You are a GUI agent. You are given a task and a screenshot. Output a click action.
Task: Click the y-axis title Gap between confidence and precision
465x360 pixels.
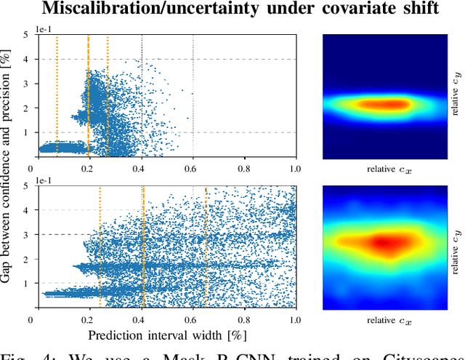point(9,172)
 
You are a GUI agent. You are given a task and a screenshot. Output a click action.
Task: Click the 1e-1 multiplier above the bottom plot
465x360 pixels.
point(39,180)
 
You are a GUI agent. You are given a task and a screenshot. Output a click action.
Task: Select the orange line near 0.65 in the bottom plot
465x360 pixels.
point(206,247)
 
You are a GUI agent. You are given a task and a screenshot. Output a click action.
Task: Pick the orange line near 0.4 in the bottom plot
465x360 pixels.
point(143,247)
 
